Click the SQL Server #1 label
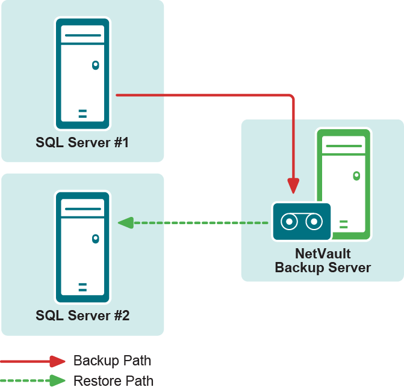82,143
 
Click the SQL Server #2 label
82,315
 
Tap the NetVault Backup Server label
323,260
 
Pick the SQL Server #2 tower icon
82,246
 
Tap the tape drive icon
301,222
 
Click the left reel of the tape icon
289,222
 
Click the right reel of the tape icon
314,222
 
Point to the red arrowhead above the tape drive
293,186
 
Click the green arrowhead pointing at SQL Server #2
125,223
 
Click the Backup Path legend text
112,361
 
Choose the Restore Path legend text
113,381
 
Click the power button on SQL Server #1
95,65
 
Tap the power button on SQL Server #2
95,239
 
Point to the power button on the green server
356,175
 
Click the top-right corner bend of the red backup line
292,96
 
